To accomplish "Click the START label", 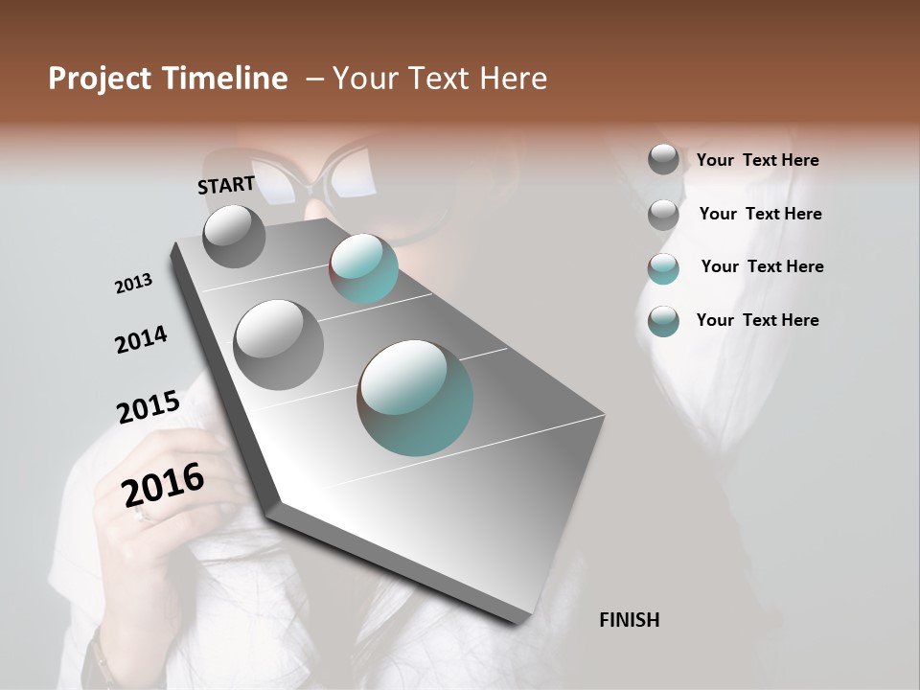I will point(226,184).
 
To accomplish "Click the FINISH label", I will point(629,620).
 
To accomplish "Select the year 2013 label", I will point(133,284).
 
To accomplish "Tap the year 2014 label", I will point(141,340).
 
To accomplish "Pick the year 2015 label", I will point(148,406).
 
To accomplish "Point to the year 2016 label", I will point(163,485).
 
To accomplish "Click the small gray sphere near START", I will point(234,236).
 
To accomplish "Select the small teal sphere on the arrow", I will point(363,268).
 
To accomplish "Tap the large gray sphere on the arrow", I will point(279,344).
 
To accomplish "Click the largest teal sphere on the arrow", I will point(415,397).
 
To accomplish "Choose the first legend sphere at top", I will point(663,159).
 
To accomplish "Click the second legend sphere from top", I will point(663,215).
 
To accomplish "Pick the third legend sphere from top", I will point(663,268).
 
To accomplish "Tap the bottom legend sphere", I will point(663,321).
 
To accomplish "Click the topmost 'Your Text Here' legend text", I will point(757,161).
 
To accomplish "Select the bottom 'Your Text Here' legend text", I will point(757,320).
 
